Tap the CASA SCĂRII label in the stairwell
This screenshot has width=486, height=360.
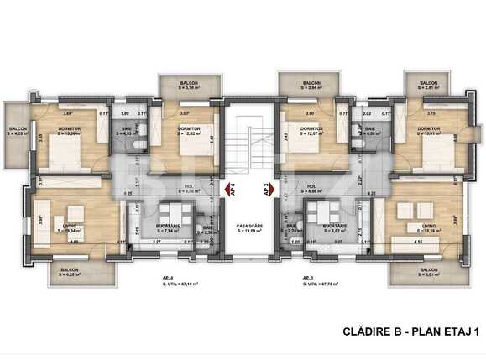click(x=246, y=227)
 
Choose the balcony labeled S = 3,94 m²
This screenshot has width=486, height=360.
click(x=300, y=86)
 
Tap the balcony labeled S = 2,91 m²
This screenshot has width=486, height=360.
click(x=428, y=86)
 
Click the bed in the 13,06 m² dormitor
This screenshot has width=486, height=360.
click(x=63, y=154)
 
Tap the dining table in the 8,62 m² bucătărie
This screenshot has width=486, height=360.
click(x=320, y=209)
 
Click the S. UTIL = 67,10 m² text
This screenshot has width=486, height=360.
click(x=169, y=283)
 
